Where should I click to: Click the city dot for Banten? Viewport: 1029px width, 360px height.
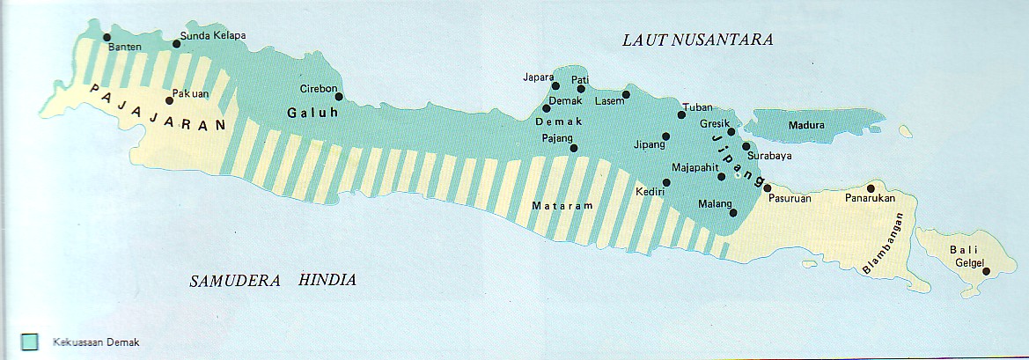107,37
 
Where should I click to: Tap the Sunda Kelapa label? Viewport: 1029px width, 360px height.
212,36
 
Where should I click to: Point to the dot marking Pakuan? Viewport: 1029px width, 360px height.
170,101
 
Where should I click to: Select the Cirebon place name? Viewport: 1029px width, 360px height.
317,88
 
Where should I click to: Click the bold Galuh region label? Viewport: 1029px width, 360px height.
308,113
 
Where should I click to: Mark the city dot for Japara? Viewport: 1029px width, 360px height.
555,85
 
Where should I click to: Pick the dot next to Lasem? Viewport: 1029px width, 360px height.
626,94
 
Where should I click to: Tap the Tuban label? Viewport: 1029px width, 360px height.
697,107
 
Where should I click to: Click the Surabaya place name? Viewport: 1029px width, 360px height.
768,157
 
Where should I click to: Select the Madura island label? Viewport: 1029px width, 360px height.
806,125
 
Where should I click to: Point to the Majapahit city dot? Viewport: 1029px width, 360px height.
722,177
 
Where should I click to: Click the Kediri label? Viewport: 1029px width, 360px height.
649,191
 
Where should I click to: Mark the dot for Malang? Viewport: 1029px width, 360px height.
733,212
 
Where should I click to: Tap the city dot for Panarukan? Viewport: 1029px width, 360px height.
871,187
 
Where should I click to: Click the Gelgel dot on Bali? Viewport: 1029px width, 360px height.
986,271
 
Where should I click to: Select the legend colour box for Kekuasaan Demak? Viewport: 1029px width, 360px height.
29,342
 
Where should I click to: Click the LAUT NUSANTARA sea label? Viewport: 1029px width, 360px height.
696,40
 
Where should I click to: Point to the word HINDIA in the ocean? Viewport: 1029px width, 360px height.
327,281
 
